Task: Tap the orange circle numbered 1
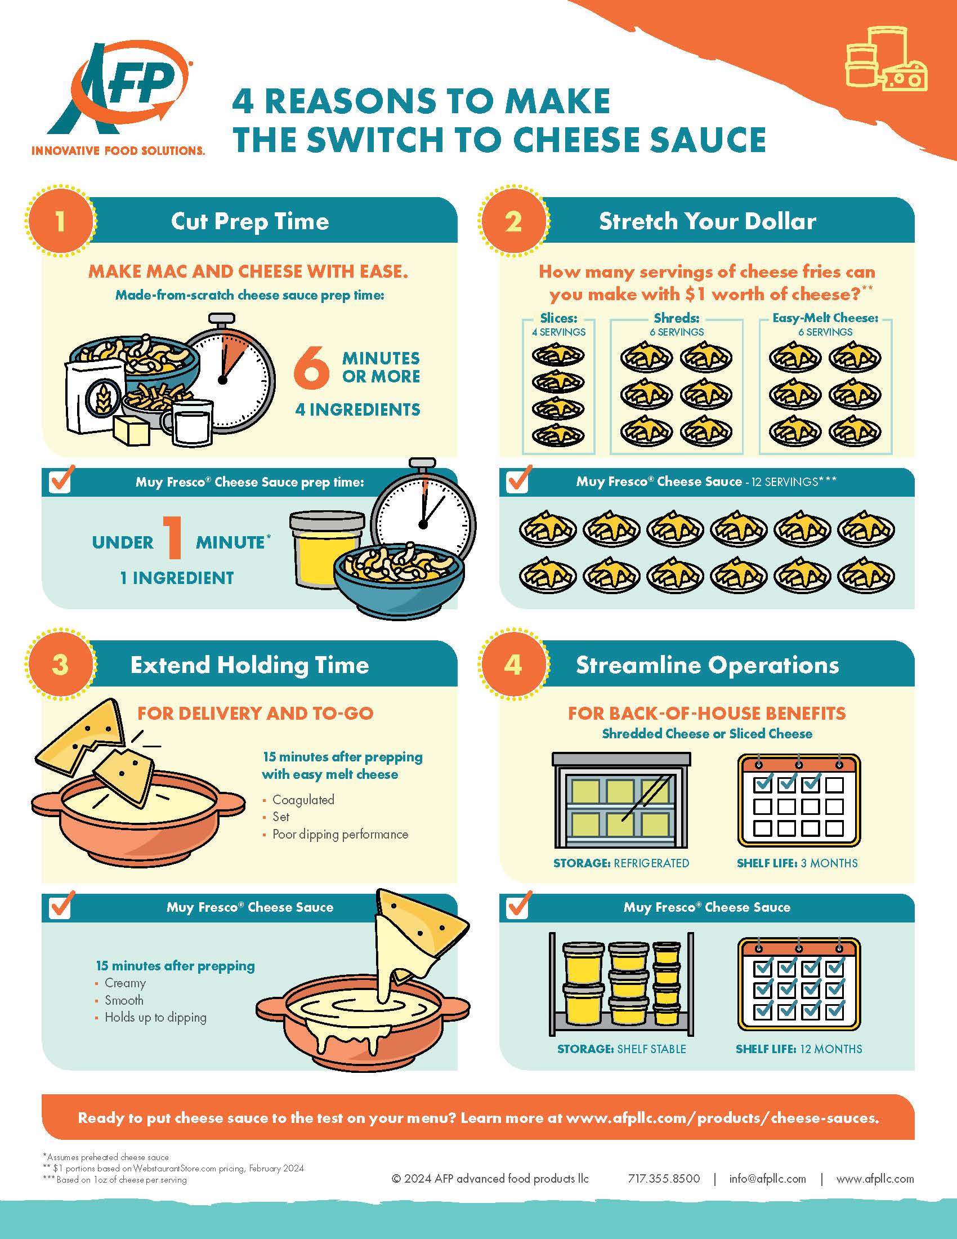point(60,221)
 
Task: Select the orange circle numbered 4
point(513,665)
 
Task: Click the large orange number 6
point(311,367)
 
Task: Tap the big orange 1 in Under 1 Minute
point(173,537)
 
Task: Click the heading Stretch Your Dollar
point(707,221)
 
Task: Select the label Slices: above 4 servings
point(558,318)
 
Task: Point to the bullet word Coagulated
point(303,799)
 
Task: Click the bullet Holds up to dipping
point(155,1017)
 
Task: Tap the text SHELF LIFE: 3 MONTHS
point(797,863)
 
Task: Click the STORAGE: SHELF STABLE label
point(621,1049)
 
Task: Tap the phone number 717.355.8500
point(663,1178)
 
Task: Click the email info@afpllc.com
point(767,1178)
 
